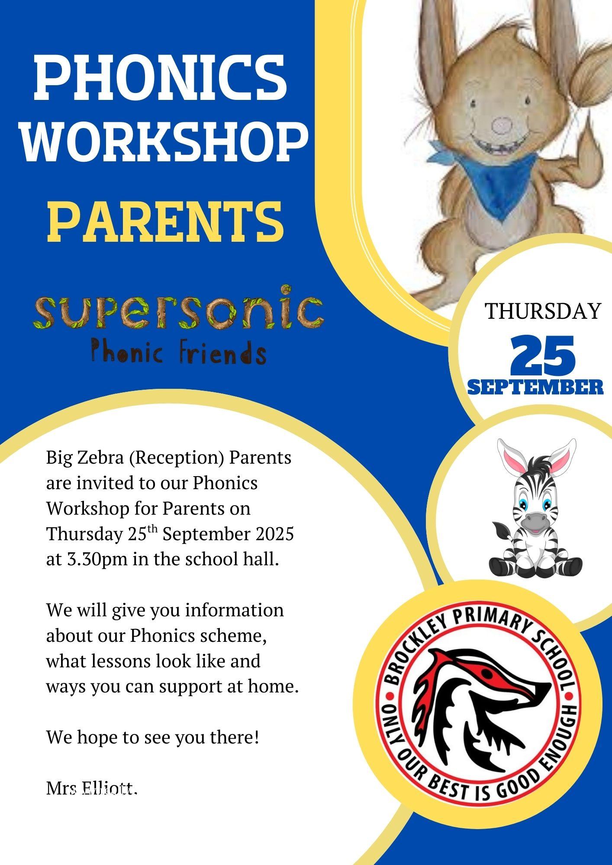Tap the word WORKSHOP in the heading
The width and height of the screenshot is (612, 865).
(x=165, y=141)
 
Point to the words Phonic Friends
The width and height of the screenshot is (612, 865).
(x=178, y=352)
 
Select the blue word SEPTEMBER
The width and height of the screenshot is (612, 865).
(x=535, y=387)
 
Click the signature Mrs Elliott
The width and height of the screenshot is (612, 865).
(x=92, y=788)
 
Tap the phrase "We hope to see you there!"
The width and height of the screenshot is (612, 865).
(x=153, y=737)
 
